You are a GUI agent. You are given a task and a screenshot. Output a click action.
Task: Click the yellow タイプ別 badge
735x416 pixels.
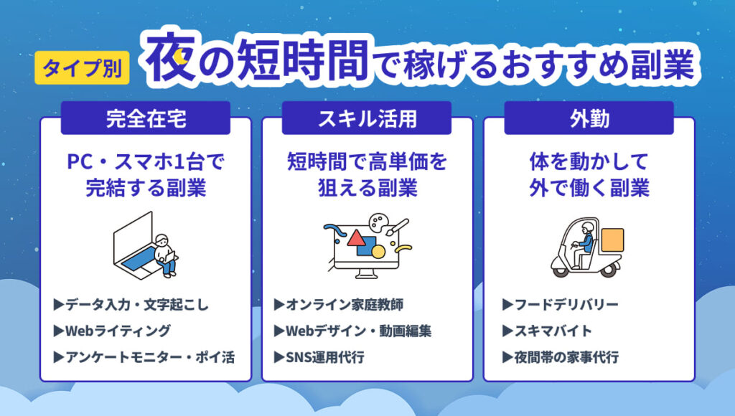81,69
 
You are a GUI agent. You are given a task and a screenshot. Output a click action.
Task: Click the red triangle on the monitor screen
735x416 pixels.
357,239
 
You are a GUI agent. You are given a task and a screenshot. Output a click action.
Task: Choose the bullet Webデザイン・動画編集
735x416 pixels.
352,331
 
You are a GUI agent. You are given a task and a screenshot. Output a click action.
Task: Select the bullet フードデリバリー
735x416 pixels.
560,305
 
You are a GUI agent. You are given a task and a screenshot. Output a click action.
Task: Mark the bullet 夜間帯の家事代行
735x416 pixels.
560,357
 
